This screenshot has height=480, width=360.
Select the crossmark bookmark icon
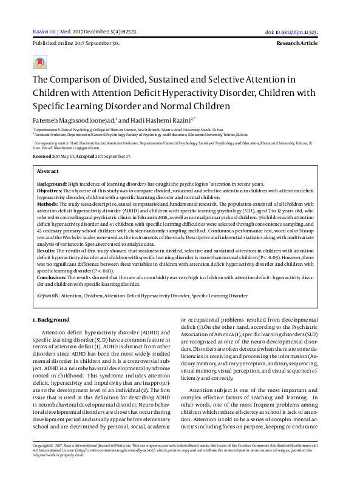pyautogui.click(x=40, y=63)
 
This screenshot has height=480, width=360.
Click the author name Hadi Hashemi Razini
pyautogui.click(x=146, y=120)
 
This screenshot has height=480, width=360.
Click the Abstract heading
pyautogui.click(x=48, y=172)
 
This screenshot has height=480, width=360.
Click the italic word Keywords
pyautogui.click(x=48, y=295)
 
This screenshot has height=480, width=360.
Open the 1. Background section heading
pyautogui.click(x=51, y=319)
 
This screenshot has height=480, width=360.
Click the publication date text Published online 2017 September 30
pyautogui.click(x=75, y=44)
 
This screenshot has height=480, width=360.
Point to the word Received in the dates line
pyautogui.click(x=42, y=156)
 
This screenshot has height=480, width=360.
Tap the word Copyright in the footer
pyautogui.click(x=44, y=462)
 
